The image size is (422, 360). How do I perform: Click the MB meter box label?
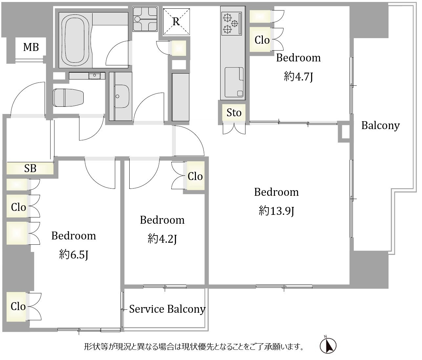click(x=31, y=47)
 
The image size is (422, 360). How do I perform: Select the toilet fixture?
click(x=68, y=98)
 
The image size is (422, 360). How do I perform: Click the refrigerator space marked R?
click(x=177, y=22)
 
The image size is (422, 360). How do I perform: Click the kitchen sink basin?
click(x=234, y=82)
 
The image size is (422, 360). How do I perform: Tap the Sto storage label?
click(x=234, y=113)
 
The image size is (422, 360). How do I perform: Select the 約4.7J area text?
click(x=298, y=77)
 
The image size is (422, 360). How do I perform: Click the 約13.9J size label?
click(x=276, y=211)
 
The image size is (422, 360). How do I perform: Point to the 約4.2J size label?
click(x=162, y=239)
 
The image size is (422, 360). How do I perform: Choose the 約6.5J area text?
click(x=74, y=255)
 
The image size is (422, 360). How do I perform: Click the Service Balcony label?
click(x=167, y=309)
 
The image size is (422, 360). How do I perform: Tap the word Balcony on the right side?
click(x=381, y=125)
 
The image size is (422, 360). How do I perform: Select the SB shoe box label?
click(x=30, y=169)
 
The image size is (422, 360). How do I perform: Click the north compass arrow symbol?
click(x=328, y=346)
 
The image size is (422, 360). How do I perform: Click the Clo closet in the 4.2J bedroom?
click(x=195, y=176)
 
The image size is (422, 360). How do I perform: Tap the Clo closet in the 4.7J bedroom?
click(x=262, y=40)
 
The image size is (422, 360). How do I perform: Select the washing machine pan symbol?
click(x=145, y=19)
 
